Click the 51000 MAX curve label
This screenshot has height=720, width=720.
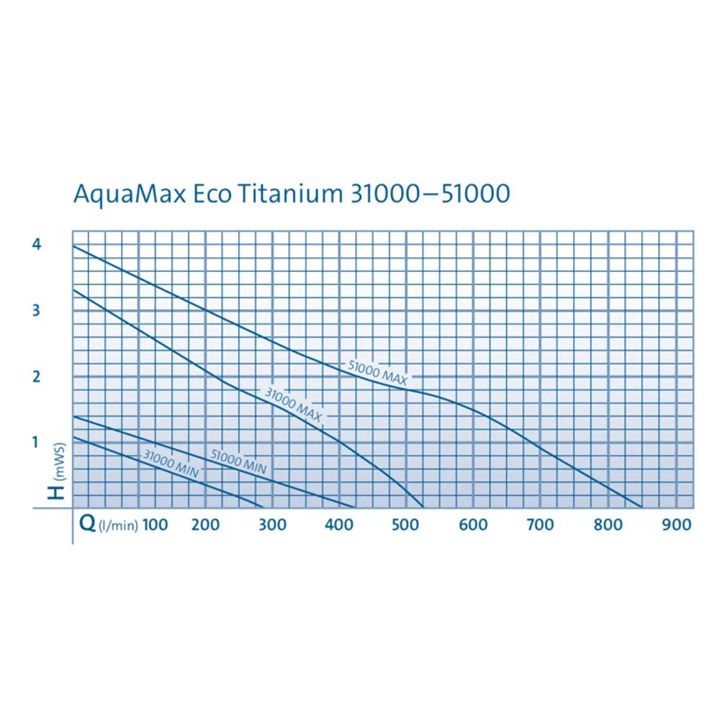pyautogui.click(x=378, y=373)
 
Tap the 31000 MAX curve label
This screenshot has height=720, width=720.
pyautogui.click(x=292, y=404)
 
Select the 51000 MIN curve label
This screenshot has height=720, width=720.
pyautogui.click(x=238, y=462)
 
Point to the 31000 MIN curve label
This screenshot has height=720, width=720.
pyautogui.click(x=170, y=463)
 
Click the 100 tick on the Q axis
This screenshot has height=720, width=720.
pyautogui.click(x=155, y=525)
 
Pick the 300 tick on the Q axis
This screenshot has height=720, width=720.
pyautogui.click(x=271, y=525)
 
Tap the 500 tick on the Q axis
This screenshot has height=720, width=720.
pyautogui.click(x=405, y=525)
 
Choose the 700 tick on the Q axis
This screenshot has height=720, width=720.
pyautogui.click(x=539, y=525)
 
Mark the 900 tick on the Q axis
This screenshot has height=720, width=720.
pyautogui.click(x=676, y=525)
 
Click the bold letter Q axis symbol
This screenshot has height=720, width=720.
pyautogui.click(x=86, y=524)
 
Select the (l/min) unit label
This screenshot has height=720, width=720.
pyautogui.click(x=117, y=526)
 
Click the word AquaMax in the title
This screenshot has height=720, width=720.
pyautogui.click(x=125, y=195)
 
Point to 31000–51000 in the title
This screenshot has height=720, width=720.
pyautogui.click(x=428, y=194)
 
